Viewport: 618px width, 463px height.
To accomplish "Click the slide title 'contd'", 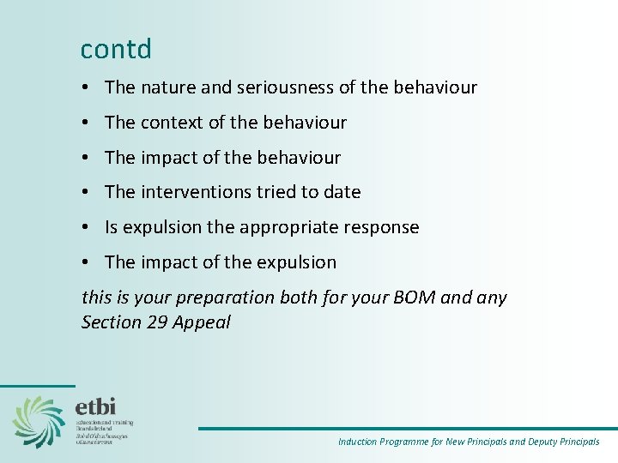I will (116, 50).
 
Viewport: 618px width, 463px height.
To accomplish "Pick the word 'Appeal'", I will (202, 323).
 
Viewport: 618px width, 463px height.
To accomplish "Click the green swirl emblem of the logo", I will (39, 420).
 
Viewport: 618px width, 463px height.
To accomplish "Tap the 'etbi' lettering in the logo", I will (95, 406).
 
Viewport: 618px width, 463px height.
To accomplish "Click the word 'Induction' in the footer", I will (357, 442).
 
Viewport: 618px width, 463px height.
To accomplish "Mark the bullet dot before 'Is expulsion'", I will (88, 228).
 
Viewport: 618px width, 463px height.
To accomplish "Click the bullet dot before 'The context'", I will (88, 123).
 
